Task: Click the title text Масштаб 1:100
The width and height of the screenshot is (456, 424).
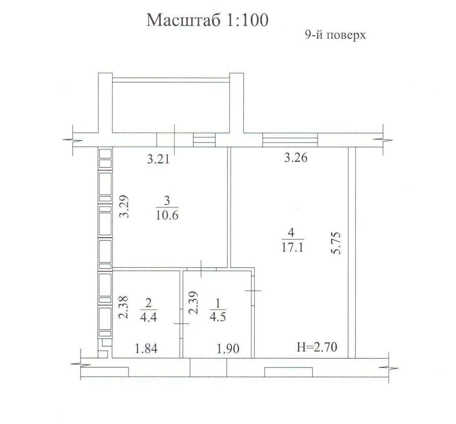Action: [x=207, y=20]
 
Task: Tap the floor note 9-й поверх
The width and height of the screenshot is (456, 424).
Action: [x=335, y=36]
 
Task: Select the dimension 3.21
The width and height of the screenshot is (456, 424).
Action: [x=158, y=159]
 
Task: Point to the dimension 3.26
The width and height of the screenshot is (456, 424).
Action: [x=296, y=158]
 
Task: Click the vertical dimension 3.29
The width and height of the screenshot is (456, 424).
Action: [x=124, y=206]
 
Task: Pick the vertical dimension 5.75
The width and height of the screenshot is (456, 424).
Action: [x=336, y=243]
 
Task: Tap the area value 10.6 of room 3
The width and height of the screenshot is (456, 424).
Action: [x=167, y=215]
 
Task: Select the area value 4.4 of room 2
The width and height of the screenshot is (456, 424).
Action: [x=148, y=317]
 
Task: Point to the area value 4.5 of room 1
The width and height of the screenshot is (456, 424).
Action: [x=218, y=317]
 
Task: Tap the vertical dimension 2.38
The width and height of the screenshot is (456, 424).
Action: [x=123, y=307]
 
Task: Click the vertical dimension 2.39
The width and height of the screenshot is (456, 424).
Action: [x=193, y=303]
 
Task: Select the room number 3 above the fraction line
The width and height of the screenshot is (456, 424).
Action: [x=167, y=201]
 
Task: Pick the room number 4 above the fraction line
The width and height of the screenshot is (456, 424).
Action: [x=291, y=233]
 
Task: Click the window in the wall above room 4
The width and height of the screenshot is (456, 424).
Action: [x=290, y=140]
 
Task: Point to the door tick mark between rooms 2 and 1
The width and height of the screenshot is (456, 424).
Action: [x=181, y=324]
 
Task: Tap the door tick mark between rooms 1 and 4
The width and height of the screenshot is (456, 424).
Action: [x=253, y=291]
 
